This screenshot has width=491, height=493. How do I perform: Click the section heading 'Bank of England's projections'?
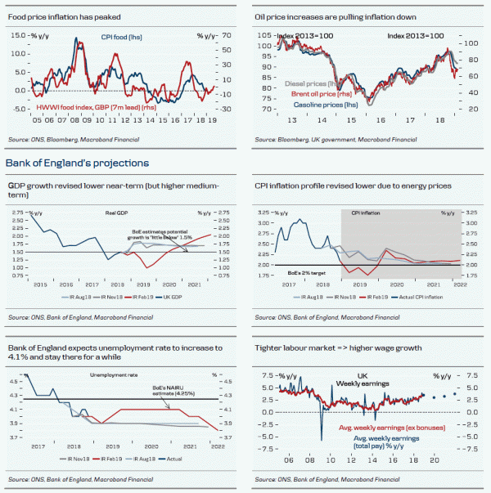click(x=77, y=164)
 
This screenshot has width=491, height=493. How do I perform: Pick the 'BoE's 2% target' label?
click(x=291, y=265)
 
